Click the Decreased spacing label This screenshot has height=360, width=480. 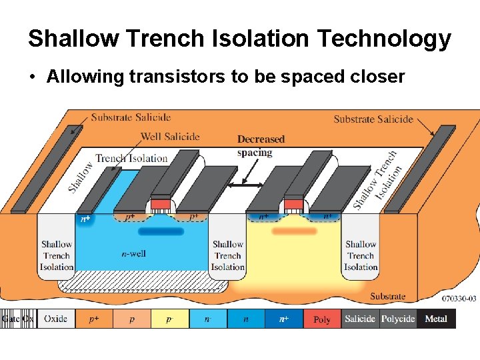[x=260, y=145]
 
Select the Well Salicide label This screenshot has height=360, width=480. [x=170, y=137]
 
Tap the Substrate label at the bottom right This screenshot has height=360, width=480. [x=387, y=296]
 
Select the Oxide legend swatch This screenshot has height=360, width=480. [x=55, y=319]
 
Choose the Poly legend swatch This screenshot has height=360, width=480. [x=322, y=319]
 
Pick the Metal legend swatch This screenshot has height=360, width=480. [x=436, y=319]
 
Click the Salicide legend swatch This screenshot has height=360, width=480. [x=360, y=319]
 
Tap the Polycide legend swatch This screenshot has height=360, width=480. [x=398, y=319]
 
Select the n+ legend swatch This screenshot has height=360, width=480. [x=284, y=319]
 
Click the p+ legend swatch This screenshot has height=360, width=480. [x=94, y=319]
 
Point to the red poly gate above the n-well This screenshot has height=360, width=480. [x=160, y=203]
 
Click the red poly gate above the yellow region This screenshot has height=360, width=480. [x=293, y=203]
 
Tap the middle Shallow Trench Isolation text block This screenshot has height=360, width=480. [x=228, y=255]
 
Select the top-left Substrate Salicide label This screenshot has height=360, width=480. [x=131, y=117]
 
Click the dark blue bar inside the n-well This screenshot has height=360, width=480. [x=160, y=231]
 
